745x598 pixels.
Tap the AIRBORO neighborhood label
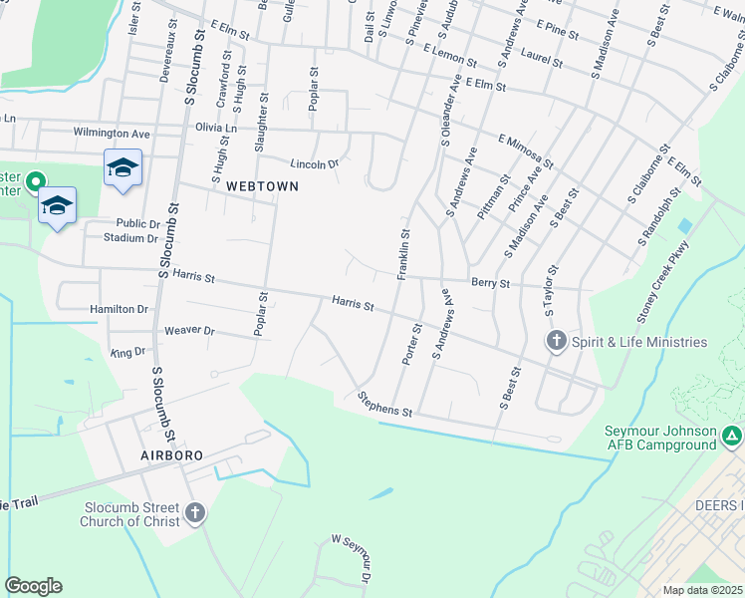pos(172,454)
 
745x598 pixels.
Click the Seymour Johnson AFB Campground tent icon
pos(732,436)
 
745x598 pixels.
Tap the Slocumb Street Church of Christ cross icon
pos(195,513)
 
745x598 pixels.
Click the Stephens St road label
pos(384,404)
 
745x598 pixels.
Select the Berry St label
pos(490,284)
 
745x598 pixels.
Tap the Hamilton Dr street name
pos(119,310)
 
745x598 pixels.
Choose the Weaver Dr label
pos(189,330)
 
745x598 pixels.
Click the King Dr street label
pos(127,352)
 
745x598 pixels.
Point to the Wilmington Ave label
pos(111,133)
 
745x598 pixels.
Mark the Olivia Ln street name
pos(216,128)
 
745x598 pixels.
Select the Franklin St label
pos(404,255)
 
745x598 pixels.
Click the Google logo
pos(33,586)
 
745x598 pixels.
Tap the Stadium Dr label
pos(131,238)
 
